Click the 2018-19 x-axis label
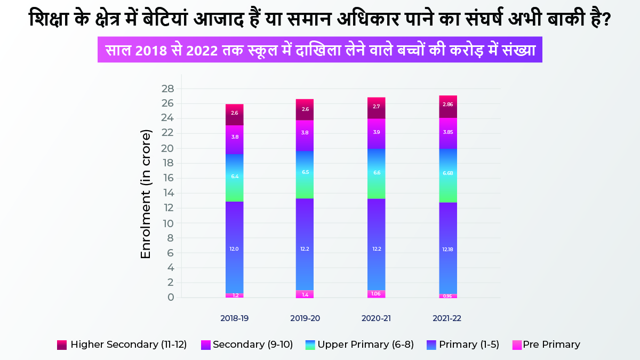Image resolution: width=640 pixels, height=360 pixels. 234,318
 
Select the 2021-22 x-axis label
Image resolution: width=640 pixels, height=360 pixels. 447,318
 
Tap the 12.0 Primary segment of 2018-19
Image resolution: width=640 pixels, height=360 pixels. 235,249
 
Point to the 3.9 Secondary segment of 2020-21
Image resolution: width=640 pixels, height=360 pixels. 377,132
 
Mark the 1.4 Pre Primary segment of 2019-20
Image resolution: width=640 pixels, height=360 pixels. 305,294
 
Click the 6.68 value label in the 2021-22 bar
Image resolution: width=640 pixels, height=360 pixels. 448,173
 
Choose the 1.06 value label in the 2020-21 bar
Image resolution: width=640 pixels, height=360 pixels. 377,293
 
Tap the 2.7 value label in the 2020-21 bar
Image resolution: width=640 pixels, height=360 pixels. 377,107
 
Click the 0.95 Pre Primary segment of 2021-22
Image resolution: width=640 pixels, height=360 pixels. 448,295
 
